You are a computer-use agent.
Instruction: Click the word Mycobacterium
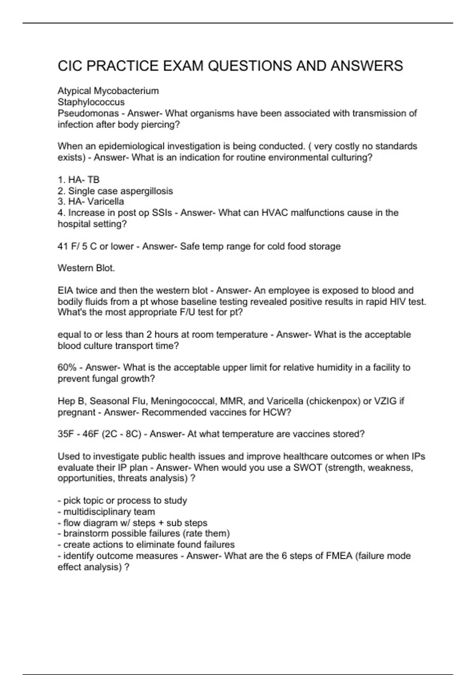click(x=126, y=91)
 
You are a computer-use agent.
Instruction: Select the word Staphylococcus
click(x=91, y=102)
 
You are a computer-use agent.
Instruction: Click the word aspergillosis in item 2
click(x=146, y=191)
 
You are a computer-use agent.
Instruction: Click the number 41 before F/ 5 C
click(x=63, y=247)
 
